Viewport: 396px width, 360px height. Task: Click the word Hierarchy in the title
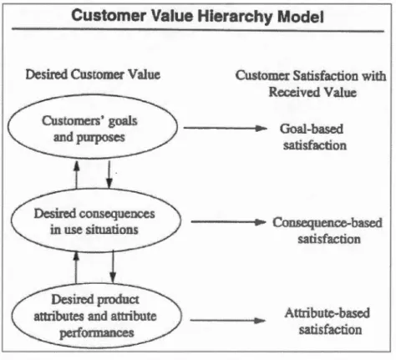(235, 17)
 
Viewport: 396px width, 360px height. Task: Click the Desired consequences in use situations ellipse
(11, 220)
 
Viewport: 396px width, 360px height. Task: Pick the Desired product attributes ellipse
(12, 316)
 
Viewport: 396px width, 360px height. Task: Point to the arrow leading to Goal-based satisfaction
(226, 128)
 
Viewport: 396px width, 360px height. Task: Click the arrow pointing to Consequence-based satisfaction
(228, 222)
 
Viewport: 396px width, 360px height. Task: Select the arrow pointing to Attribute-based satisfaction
(228, 321)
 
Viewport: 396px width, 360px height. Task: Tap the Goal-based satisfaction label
(313, 137)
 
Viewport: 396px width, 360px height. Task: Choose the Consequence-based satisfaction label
(327, 231)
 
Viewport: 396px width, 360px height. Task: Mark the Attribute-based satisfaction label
(328, 322)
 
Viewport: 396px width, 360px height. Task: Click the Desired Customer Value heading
(93, 74)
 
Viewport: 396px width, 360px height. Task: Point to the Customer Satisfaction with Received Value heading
(311, 84)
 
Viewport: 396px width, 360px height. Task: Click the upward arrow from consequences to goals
(76, 175)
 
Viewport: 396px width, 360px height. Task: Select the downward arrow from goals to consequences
(109, 175)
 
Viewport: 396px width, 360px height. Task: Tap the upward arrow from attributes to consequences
(76, 267)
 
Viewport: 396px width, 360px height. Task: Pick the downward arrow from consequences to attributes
(113, 266)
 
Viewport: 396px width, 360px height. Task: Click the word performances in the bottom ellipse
(97, 333)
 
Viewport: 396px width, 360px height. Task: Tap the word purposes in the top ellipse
(100, 138)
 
